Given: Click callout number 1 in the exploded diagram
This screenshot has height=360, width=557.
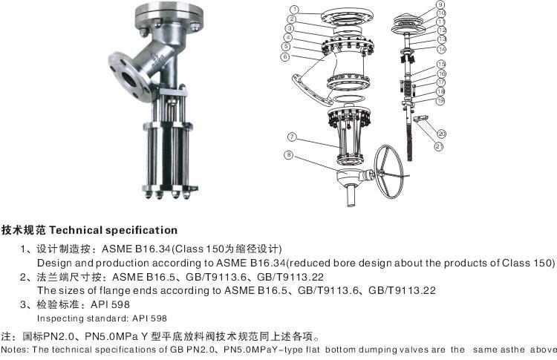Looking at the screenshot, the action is [x=294, y=9].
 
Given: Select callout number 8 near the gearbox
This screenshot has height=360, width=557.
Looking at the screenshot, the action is [x=289, y=155].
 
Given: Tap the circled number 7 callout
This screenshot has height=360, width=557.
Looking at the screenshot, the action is [x=292, y=137].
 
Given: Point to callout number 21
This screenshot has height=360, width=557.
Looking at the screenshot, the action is [x=439, y=146].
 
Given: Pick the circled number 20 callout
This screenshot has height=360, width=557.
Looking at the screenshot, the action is [x=442, y=134].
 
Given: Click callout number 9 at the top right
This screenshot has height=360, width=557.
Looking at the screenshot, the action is [x=440, y=4].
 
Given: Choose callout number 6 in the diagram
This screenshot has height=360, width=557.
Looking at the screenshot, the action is [x=285, y=56].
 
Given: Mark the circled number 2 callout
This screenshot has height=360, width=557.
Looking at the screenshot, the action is [x=292, y=19].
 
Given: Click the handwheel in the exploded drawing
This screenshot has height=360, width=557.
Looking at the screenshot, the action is [x=389, y=171].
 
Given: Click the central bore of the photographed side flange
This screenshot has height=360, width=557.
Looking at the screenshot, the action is [x=129, y=79].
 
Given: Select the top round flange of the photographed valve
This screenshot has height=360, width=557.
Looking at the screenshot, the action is [x=169, y=16].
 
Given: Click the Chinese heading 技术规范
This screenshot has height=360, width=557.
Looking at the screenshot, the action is [x=24, y=230].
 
